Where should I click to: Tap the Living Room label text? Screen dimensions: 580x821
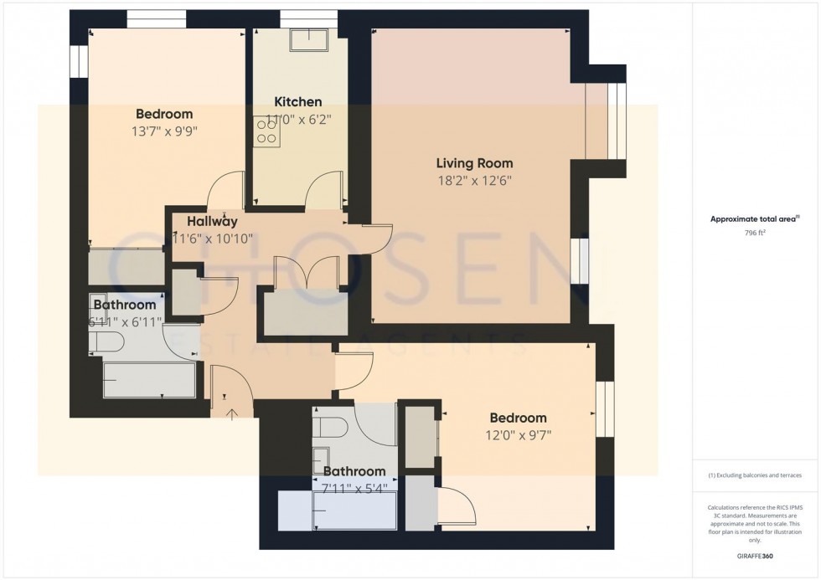point(474,163)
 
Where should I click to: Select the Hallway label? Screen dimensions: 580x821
point(212,222)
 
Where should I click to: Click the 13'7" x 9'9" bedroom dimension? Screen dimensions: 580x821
point(164,131)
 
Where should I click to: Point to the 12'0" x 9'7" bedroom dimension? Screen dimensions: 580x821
point(518,434)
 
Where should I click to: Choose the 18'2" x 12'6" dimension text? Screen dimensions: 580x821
point(474,180)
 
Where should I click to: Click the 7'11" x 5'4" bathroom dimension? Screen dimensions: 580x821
point(354,488)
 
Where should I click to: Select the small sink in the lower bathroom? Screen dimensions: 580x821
point(321,459)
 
